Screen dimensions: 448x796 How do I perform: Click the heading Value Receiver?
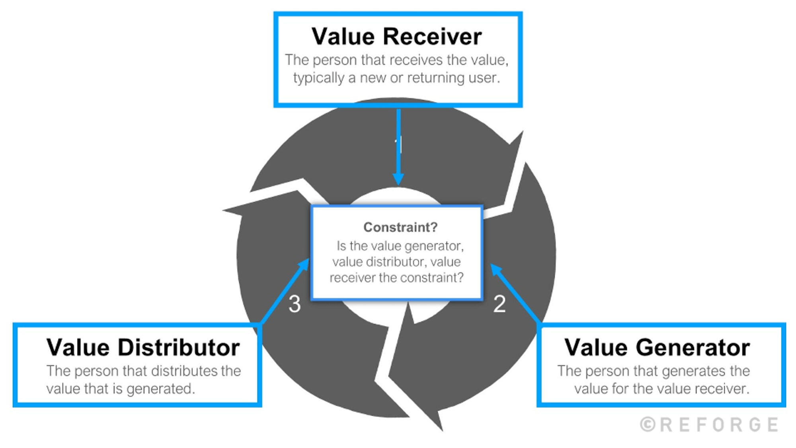[x=396, y=36]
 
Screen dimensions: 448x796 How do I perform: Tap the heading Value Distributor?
[x=143, y=347]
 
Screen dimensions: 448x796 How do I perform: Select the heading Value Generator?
[x=657, y=347]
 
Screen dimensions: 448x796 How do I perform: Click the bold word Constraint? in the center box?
[x=400, y=227]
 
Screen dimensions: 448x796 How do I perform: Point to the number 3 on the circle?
[x=295, y=304]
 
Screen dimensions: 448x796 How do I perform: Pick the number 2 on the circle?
[x=499, y=304]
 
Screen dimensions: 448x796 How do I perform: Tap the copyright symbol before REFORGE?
[x=648, y=425]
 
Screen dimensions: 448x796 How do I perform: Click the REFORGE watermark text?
[x=719, y=425]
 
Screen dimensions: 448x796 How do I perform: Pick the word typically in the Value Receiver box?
[x=318, y=78]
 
